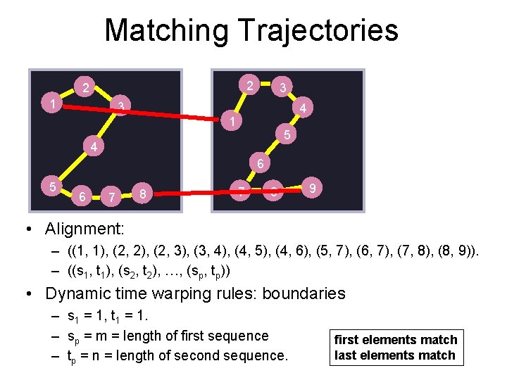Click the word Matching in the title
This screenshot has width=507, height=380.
tap(166, 31)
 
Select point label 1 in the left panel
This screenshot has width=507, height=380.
tap(53, 104)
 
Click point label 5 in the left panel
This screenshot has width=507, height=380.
tap(52, 186)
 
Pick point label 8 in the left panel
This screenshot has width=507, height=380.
tap(143, 193)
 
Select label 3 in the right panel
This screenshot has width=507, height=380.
tap(282, 88)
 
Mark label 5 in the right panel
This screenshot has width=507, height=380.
tap(287, 134)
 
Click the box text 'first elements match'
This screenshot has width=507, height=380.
tap(396, 340)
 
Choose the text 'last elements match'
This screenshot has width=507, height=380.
tap(394, 355)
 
